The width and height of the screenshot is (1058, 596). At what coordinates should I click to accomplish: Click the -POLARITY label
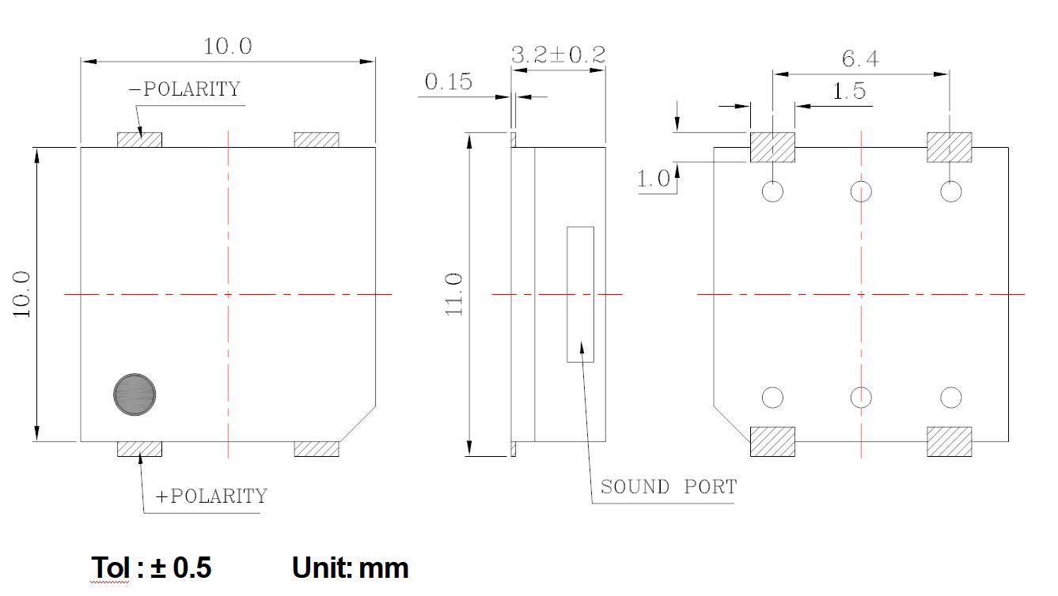pyautogui.click(x=184, y=89)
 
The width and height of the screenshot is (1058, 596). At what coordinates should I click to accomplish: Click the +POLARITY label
pyautogui.click(x=212, y=496)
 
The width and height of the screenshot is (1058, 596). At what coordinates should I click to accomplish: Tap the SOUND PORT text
pyautogui.click(x=669, y=487)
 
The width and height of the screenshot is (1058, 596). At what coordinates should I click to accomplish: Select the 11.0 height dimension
pyautogui.click(x=455, y=294)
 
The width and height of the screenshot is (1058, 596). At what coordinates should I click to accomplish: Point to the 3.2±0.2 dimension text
pyautogui.click(x=558, y=55)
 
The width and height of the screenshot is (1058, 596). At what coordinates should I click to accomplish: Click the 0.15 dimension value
pyautogui.click(x=448, y=81)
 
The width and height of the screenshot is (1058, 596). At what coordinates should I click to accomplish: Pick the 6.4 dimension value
pyautogui.click(x=860, y=58)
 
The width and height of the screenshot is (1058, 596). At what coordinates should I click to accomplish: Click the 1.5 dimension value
pyautogui.click(x=849, y=92)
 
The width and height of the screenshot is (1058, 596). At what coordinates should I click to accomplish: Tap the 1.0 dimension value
pyautogui.click(x=654, y=179)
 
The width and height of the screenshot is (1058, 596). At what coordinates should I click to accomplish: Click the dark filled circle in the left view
pyautogui.click(x=135, y=394)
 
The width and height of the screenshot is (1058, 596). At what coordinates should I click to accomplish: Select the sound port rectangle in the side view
pyautogui.click(x=580, y=294)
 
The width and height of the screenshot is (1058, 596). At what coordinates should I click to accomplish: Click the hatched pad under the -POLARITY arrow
pyautogui.click(x=139, y=140)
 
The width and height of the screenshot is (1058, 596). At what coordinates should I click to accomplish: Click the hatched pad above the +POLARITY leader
pyautogui.click(x=139, y=449)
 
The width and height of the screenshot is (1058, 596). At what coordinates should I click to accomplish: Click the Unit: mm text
pyautogui.click(x=350, y=568)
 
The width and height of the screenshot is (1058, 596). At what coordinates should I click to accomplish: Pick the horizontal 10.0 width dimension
pyautogui.click(x=228, y=47)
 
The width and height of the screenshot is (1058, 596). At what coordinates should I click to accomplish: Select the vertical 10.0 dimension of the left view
pyautogui.click(x=22, y=294)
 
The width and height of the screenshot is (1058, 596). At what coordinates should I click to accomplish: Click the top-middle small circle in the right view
pyautogui.click(x=861, y=191)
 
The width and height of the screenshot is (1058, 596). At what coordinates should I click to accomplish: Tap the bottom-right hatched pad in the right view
pyautogui.click(x=949, y=442)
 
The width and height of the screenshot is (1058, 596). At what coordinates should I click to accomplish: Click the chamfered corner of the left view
pyautogui.click(x=358, y=424)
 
